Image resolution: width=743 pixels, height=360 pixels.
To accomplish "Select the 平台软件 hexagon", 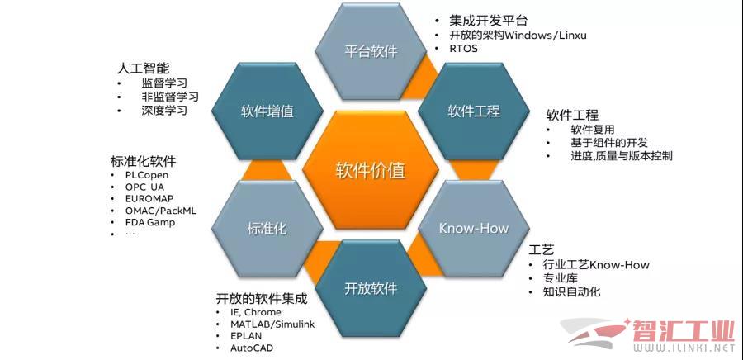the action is point(371,51).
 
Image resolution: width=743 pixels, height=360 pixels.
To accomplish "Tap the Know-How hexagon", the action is point(473,229).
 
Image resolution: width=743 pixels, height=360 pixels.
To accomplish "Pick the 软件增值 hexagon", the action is point(267,111).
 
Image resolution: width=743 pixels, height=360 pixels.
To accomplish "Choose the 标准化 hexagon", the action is point(267,229).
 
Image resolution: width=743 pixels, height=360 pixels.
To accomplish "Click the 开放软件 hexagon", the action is point(371,288).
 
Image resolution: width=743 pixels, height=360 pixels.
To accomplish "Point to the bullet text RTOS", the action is point(463,49).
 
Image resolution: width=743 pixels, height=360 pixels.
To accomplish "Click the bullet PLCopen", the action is point(146,175).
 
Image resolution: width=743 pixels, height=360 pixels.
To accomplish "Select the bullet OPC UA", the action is point(144,187).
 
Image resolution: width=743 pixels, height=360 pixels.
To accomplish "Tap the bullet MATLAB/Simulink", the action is point(272,324).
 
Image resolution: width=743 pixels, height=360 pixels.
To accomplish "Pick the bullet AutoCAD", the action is point(252,348).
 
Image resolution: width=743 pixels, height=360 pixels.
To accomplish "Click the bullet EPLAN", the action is point(246,336).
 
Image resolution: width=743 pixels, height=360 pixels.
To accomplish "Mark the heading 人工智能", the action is point(143,69).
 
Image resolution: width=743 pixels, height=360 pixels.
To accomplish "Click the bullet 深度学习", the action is point(164,111).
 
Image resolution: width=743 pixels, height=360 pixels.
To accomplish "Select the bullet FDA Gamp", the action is point(150,222).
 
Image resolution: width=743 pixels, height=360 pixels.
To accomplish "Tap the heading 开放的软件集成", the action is point(262,299).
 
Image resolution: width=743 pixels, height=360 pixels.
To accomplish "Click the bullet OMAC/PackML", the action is point(161,211).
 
